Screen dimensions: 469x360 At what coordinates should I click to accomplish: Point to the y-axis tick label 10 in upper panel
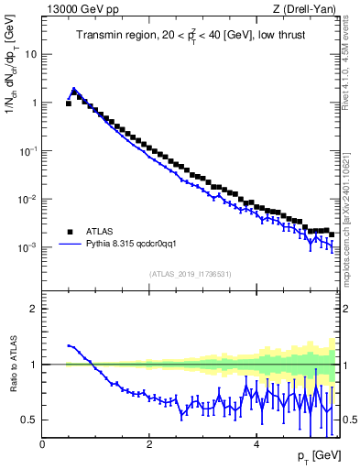[x=30, y=54]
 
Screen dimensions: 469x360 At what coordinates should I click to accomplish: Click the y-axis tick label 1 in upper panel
[x=33, y=103]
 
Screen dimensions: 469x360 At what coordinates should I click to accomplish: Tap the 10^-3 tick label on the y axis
[x=27, y=248]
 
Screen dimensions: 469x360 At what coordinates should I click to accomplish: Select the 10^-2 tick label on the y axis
[x=27, y=200]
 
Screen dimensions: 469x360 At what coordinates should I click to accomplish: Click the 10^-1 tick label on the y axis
[x=27, y=151]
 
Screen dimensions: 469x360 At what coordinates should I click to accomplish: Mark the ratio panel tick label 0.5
[x=28, y=420]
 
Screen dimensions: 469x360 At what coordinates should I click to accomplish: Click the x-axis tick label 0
[x=42, y=443]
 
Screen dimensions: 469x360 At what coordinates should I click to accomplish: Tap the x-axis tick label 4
[x=256, y=443]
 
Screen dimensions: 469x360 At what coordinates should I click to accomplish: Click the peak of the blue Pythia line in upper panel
[x=74, y=89]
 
